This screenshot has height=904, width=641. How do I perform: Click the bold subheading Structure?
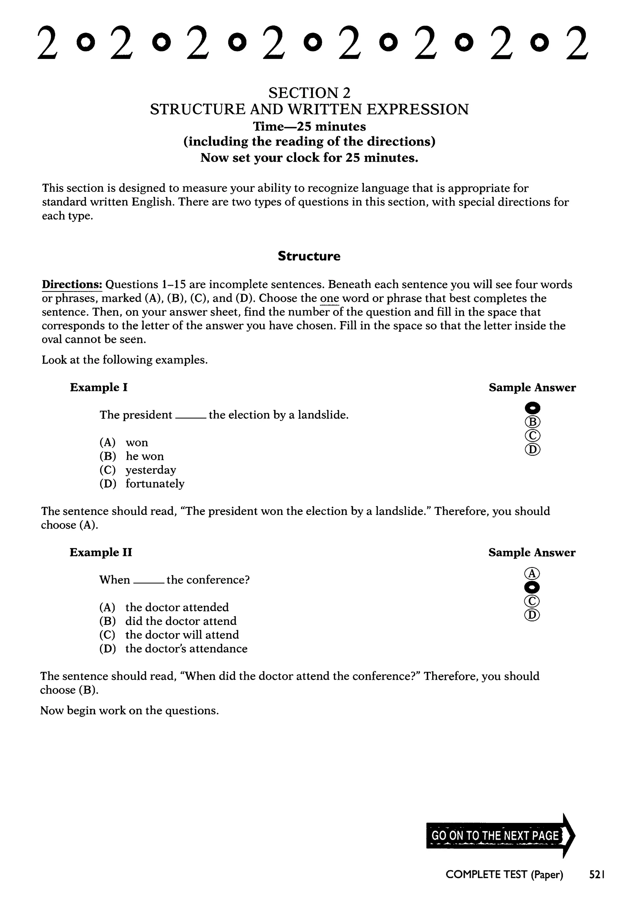click(x=309, y=256)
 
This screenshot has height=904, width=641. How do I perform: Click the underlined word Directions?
click(x=72, y=284)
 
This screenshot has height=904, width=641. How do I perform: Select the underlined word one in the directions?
click(x=330, y=298)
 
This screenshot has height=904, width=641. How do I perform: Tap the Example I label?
click(x=99, y=387)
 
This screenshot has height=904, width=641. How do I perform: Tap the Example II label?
click(x=101, y=552)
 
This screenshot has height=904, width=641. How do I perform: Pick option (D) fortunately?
click(x=142, y=484)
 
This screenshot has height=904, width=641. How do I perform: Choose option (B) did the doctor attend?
click(x=168, y=621)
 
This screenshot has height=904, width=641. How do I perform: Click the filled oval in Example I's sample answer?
click(x=532, y=407)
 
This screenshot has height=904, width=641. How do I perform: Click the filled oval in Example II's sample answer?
click(x=532, y=587)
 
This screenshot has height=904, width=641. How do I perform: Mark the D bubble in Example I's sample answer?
click(x=532, y=449)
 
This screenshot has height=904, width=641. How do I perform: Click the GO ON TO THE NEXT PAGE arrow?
click(x=500, y=836)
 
